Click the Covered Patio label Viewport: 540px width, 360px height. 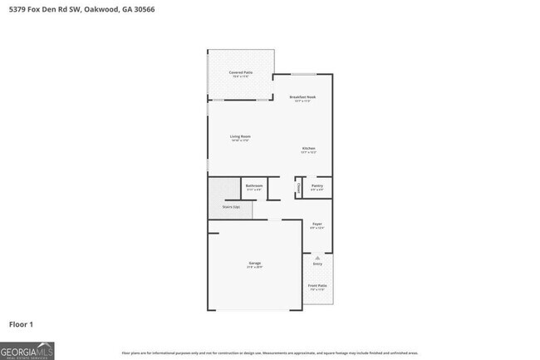point(241,73)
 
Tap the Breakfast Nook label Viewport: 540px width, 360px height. point(302,97)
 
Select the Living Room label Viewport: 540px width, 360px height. point(241,136)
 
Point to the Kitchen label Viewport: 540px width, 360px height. point(308,149)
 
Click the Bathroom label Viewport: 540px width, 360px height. point(254,185)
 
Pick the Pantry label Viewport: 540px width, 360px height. point(317,186)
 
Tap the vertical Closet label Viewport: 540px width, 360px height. point(298,190)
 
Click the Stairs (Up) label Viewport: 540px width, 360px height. point(231,206)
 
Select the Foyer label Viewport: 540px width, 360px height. point(317,224)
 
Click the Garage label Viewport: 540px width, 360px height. point(254,263)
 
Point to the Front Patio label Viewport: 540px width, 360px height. point(317,285)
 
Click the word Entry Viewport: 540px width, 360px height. point(317,264)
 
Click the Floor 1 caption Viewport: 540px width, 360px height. point(22,323)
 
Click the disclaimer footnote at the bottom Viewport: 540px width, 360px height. point(269,353)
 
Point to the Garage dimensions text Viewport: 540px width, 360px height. point(254,267)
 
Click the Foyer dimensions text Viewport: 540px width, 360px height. point(317,228)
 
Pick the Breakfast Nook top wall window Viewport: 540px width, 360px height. point(302,75)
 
